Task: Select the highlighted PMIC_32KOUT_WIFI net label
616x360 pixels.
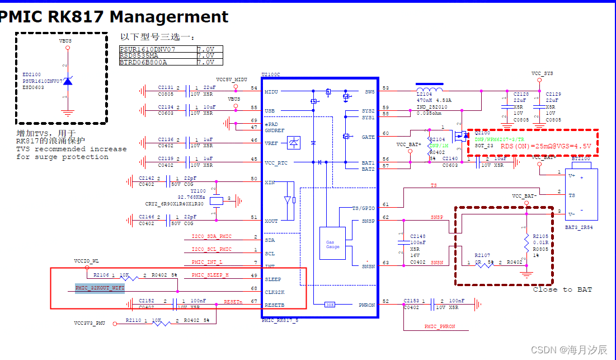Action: click(x=100, y=288)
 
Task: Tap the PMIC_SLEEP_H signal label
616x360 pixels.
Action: click(x=210, y=275)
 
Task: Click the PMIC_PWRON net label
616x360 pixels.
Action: click(x=440, y=326)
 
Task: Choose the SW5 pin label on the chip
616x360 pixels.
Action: click(x=369, y=91)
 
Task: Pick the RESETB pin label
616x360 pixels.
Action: click(x=275, y=305)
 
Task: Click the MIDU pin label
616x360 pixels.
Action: click(x=271, y=91)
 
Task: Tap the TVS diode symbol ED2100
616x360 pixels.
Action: click(x=68, y=82)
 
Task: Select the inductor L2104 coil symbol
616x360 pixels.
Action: click(x=429, y=89)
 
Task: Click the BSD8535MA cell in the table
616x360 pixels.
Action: click(x=139, y=56)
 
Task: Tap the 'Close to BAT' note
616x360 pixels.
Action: click(x=562, y=289)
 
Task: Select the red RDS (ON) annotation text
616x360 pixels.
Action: click(x=546, y=146)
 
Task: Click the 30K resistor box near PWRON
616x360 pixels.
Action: click(x=330, y=305)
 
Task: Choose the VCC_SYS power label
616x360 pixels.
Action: click(x=542, y=74)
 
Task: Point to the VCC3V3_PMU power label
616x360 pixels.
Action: click(x=89, y=323)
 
